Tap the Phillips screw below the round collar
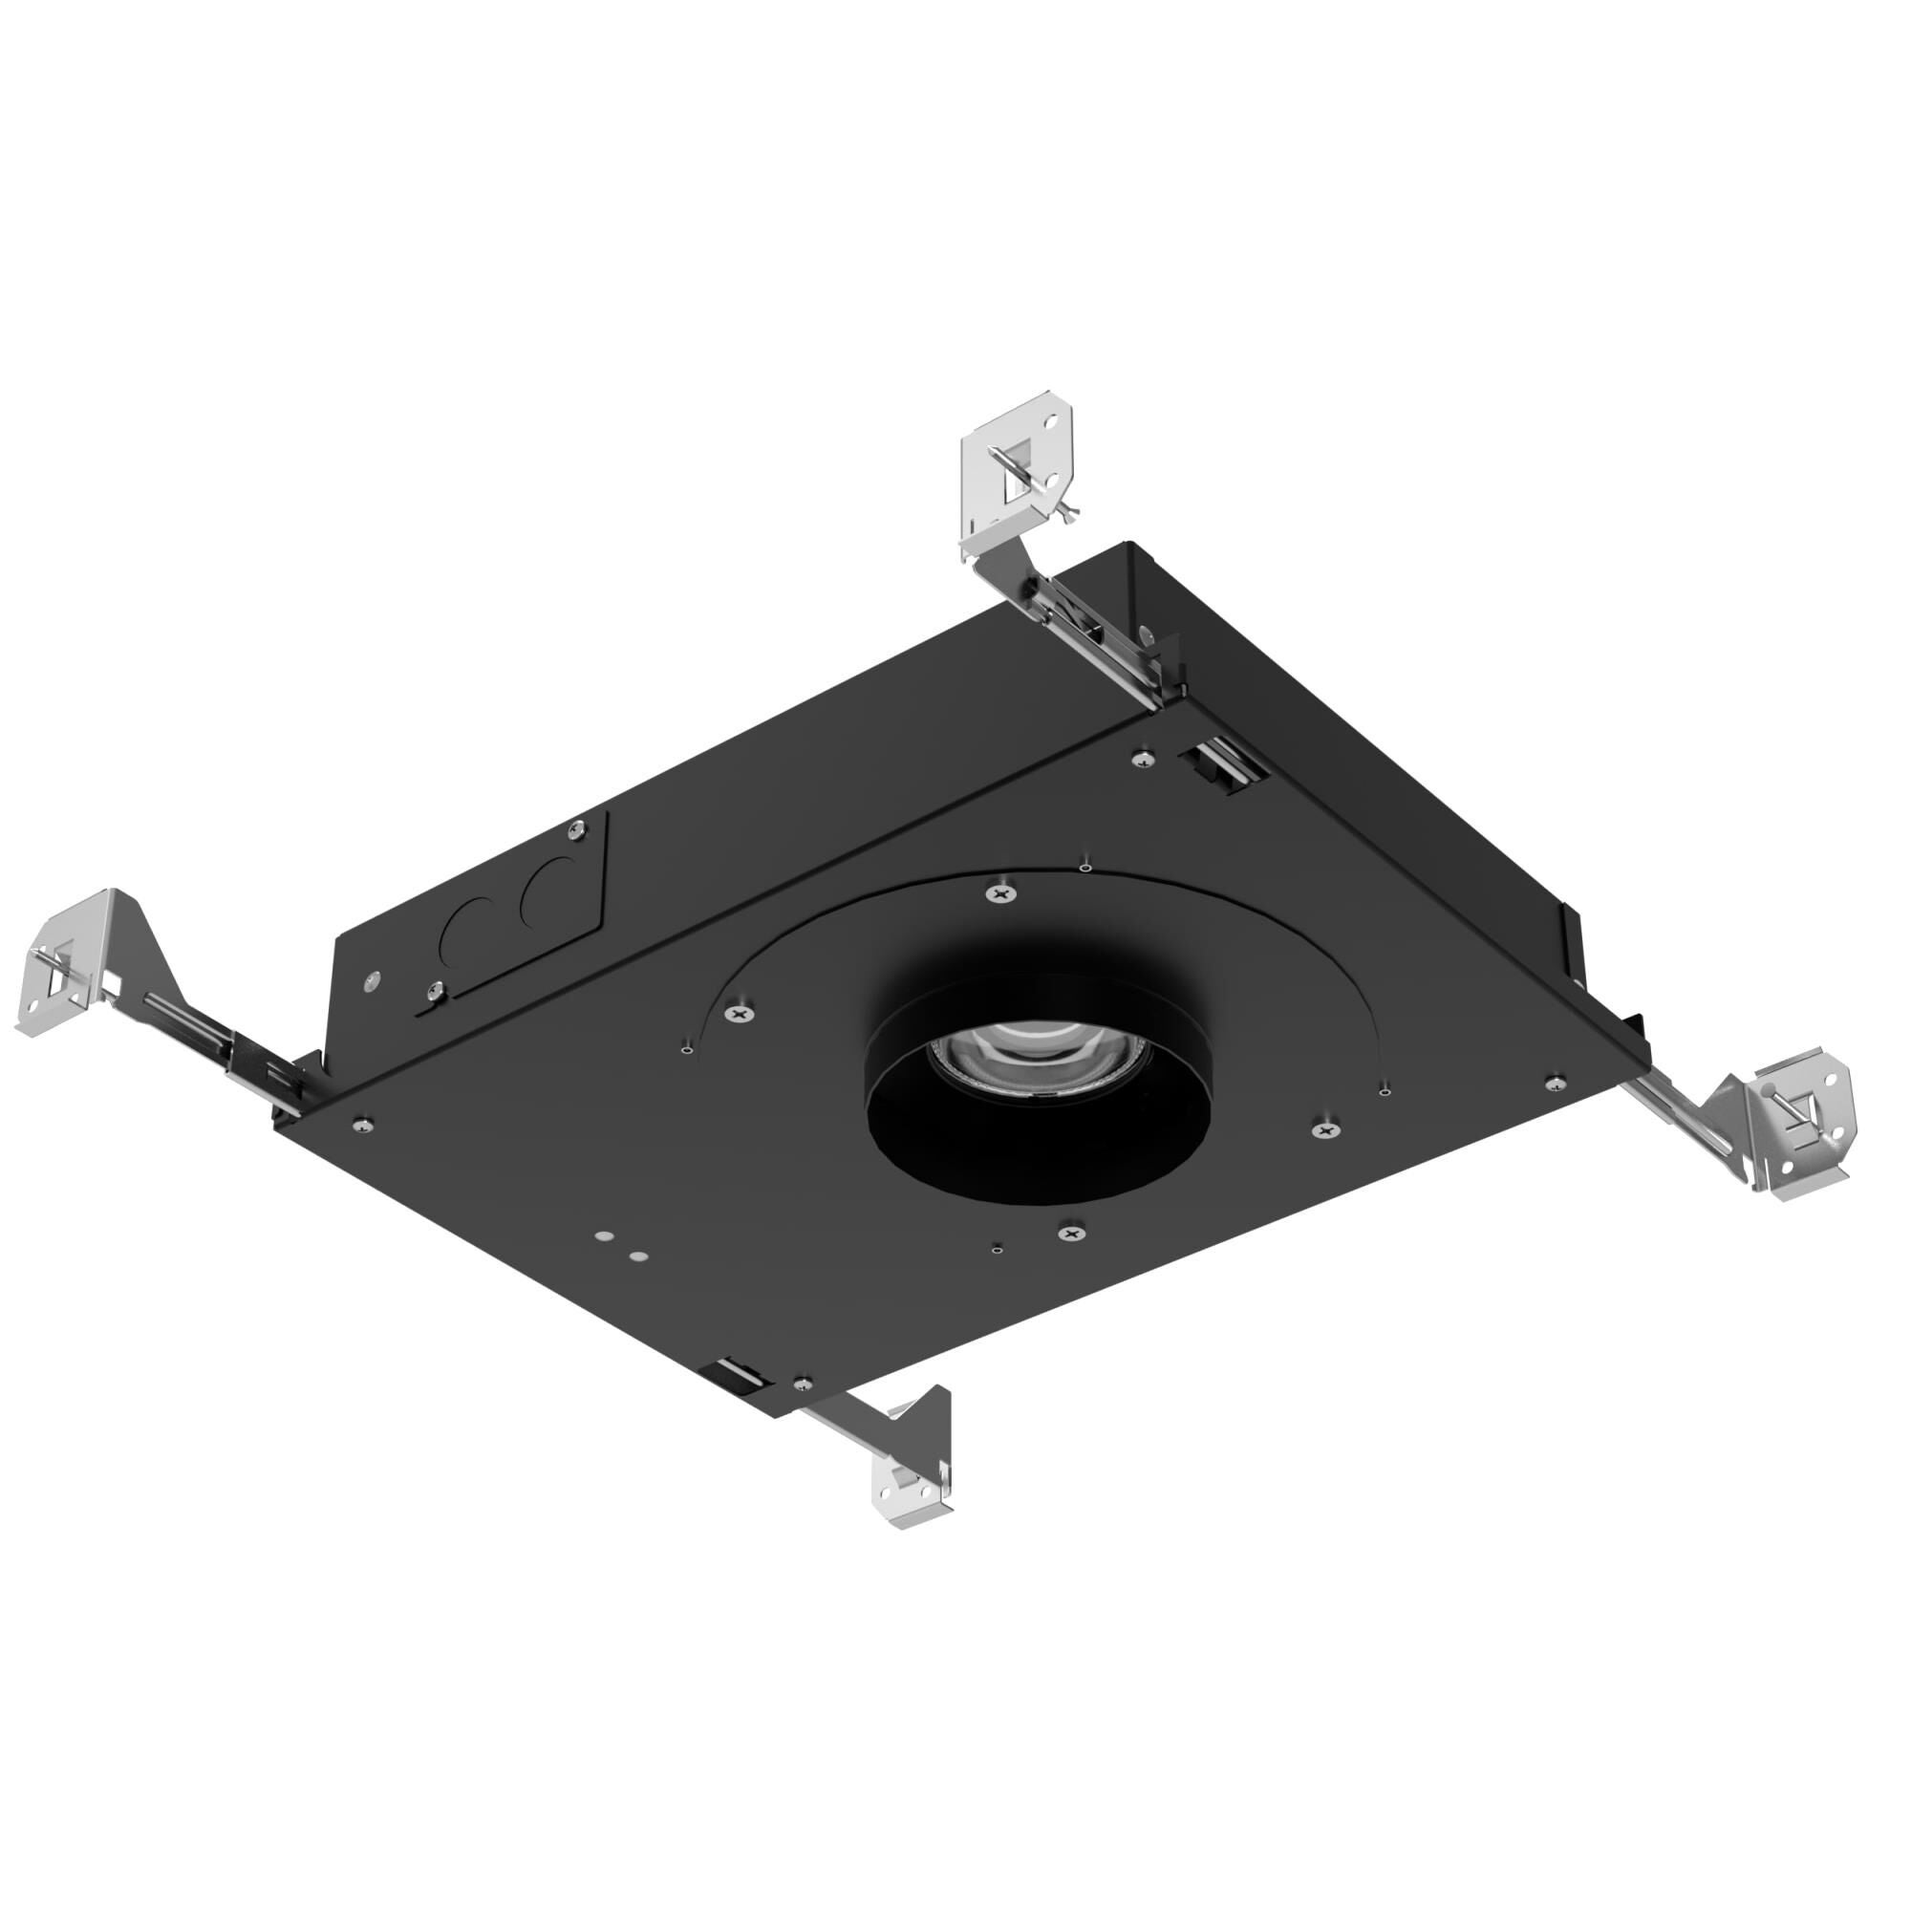click(1070, 1233)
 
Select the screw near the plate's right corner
click(1555, 1080)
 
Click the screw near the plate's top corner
click(1145, 758)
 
